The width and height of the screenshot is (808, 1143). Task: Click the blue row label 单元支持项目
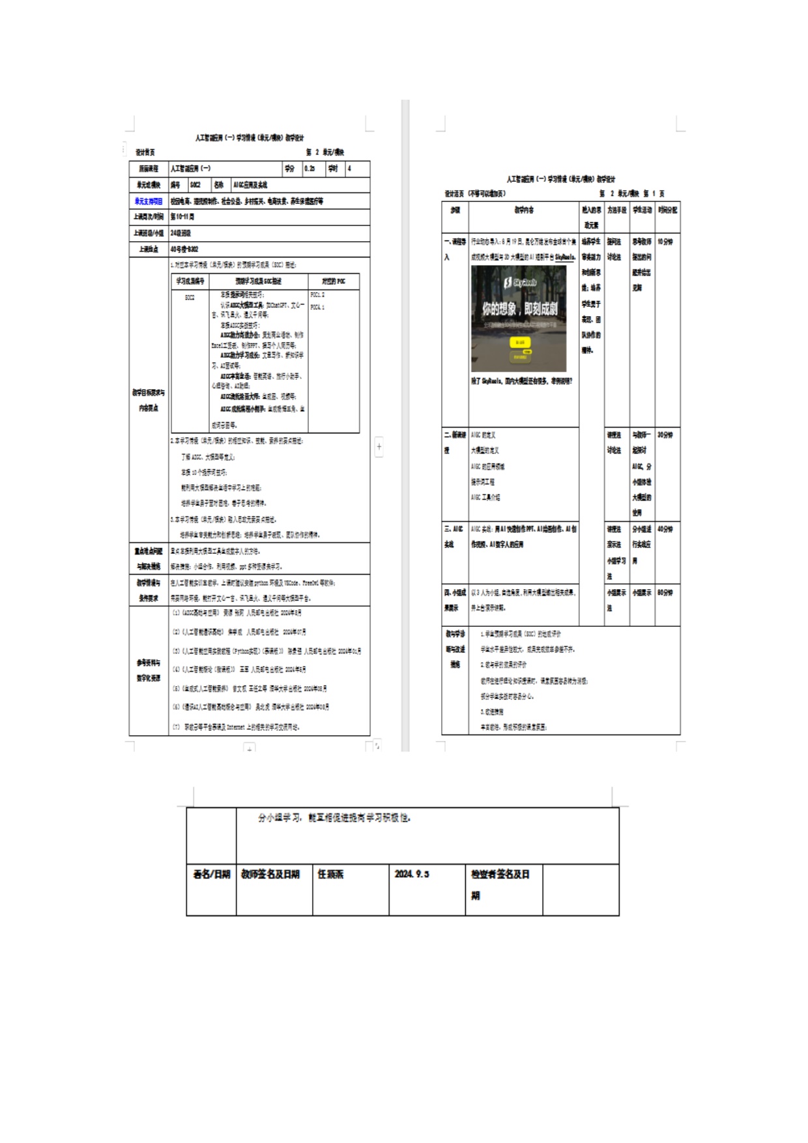[149, 201]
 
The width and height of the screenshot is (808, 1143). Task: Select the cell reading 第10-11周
[182, 217]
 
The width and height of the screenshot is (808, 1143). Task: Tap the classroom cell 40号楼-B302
[184, 249]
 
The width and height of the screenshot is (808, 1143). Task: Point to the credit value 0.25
[310, 169]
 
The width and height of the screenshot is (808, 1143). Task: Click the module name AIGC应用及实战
[250, 185]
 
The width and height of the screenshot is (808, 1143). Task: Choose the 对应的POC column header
[333, 282]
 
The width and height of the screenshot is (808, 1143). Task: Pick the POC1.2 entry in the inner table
[317, 295]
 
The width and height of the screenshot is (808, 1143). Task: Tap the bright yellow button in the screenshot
[520, 342]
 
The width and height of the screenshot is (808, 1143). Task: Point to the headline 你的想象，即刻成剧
[519, 308]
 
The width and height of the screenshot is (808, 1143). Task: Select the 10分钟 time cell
[665, 242]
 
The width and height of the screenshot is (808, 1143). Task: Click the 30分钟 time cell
[665, 435]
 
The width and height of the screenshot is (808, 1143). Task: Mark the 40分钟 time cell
[665, 529]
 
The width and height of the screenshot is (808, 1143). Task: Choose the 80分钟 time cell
[665, 592]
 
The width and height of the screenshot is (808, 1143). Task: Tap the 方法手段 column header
[616, 210]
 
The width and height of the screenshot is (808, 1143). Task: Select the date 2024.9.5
[412, 874]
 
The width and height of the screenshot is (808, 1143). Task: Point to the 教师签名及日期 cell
[270, 874]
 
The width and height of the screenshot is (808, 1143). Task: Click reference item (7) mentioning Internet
[236, 727]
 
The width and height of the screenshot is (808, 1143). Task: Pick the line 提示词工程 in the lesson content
[483, 482]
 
